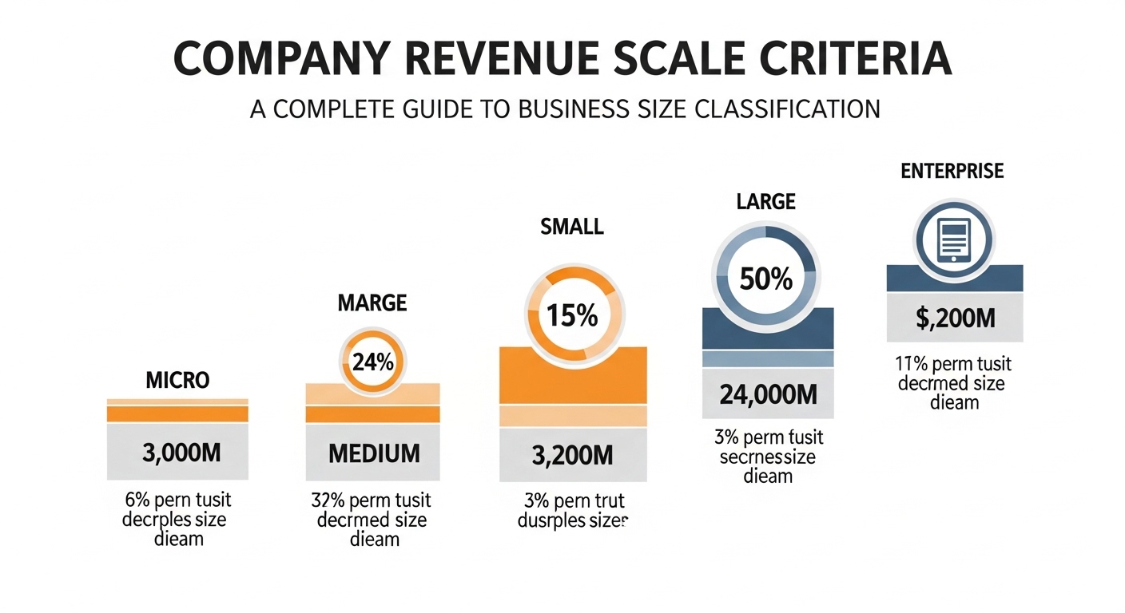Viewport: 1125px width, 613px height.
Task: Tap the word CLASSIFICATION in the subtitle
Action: [x=784, y=108]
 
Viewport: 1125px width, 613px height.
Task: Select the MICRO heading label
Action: [x=177, y=380]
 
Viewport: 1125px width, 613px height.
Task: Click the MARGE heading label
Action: [x=372, y=303]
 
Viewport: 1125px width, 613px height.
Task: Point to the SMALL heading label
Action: [x=571, y=227]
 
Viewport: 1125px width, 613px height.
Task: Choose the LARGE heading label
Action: [x=766, y=203]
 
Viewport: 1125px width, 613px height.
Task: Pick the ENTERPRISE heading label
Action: [x=952, y=171]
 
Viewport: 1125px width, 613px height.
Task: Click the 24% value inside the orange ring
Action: [x=372, y=362]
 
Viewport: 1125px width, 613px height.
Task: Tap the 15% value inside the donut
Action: [x=571, y=315]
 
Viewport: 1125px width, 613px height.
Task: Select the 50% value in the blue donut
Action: [x=766, y=279]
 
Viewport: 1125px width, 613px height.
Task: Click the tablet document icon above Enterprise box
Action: [x=955, y=238]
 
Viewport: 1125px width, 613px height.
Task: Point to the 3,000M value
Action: [x=181, y=453]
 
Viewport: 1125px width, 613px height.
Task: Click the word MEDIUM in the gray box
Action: [x=374, y=453]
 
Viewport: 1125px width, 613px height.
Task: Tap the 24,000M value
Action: [x=767, y=394]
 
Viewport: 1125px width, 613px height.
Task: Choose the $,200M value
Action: [x=955, y=318]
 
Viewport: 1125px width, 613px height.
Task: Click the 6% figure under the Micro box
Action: [x=137, y=500]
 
